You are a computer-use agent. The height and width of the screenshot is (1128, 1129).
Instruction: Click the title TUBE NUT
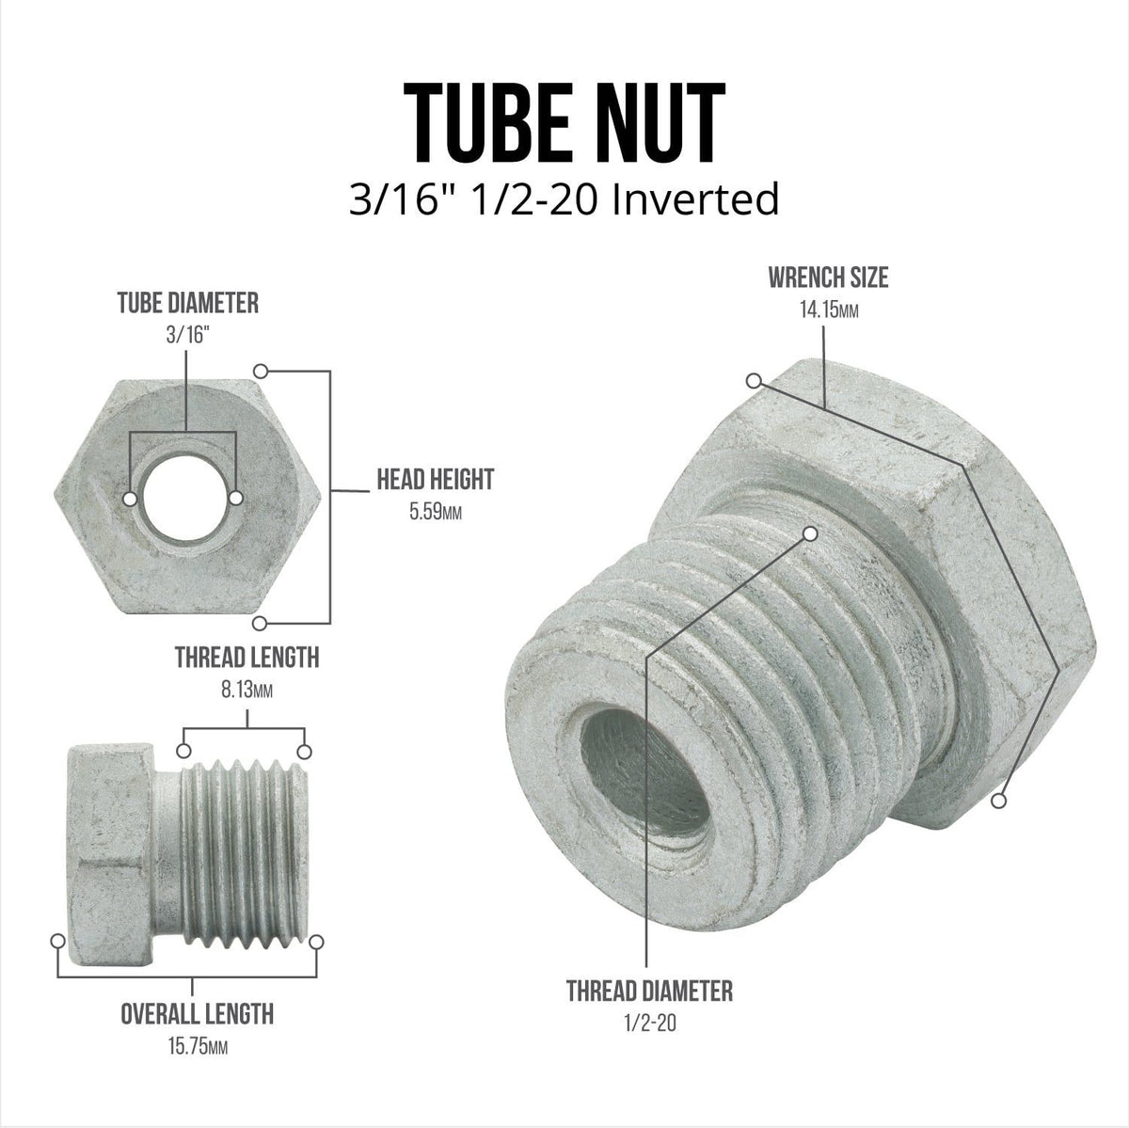(564, 122)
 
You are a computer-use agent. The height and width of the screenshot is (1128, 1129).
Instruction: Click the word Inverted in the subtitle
(695, 199)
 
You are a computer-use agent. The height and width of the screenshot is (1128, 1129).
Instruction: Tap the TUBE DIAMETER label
(188, 303)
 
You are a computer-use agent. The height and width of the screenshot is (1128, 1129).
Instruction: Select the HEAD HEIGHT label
(436, 479)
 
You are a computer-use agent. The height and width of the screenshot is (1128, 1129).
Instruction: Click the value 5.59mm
(436, 512)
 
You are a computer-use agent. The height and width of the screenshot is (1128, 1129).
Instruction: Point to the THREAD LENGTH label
(247, 658)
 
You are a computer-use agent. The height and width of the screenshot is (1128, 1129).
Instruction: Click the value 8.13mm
(246, 691)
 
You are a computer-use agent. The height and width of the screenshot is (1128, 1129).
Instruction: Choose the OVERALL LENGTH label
(198, 1014)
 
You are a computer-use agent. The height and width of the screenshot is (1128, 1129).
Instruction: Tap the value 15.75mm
(198, 1046)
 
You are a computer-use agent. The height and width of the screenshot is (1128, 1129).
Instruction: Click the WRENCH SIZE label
(829, 278)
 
